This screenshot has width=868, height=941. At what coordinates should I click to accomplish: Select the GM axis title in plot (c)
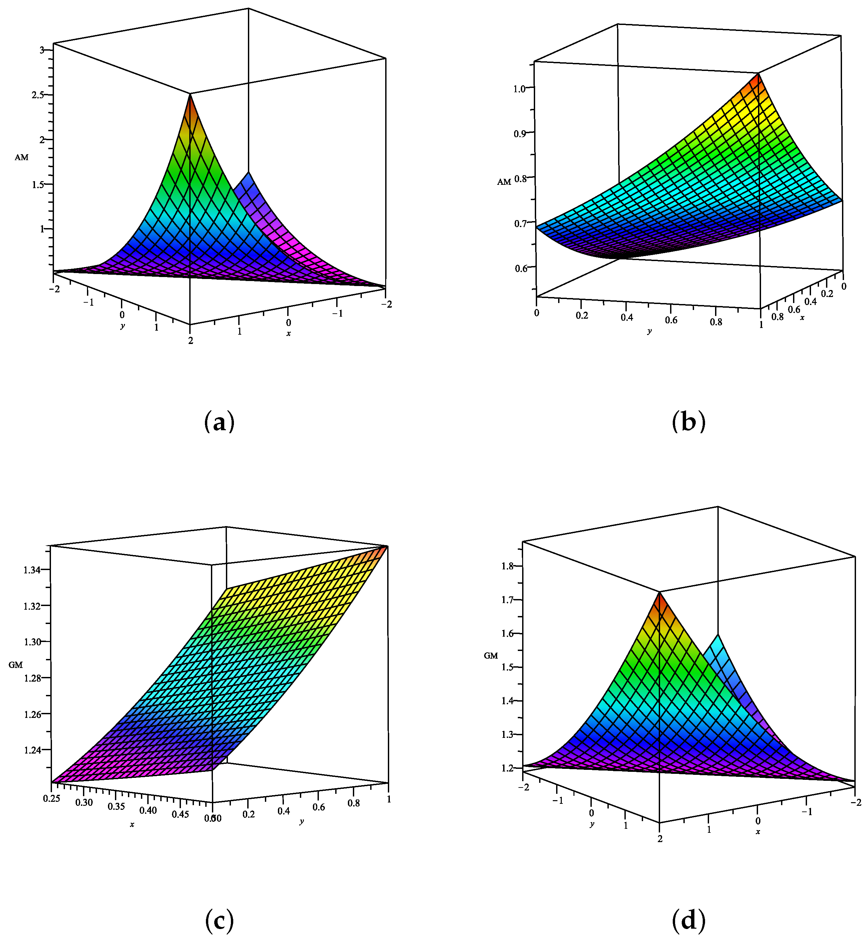pos(16,665)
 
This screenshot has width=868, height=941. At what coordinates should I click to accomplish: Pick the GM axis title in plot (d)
pos(491,656)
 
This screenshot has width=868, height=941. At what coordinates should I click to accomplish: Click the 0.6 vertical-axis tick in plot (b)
pos(521,268)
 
